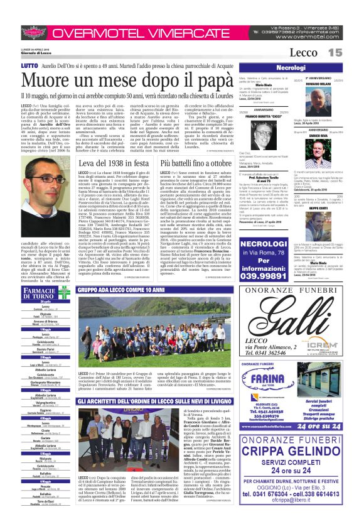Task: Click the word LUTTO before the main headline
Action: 29,65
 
